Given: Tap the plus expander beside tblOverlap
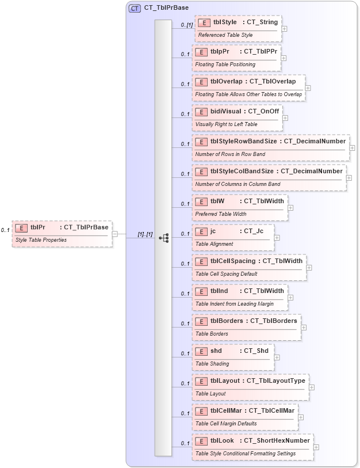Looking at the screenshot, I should [x=308, y=88].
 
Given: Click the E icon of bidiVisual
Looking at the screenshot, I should [x=201, y=112].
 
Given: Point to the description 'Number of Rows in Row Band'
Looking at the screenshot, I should [x=230, y=154].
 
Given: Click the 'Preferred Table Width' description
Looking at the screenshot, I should [x=221, y=214].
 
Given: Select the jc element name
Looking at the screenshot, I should [x=213, y=231].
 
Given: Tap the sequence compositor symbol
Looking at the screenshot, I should [x=164, y=238].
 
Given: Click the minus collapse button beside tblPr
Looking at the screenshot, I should [x=115, y=234].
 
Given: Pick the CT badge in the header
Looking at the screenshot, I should [x=135, y=9].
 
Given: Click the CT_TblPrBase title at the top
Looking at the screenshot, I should [x=166, y=9].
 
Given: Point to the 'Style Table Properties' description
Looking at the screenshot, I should [x=41, y=239].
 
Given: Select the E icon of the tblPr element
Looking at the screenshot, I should [x=21, y=228].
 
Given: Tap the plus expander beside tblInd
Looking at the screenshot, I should [x=291, y=298].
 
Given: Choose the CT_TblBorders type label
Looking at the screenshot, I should [x=273, y=321].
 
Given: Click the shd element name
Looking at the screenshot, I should [x=216, y=351].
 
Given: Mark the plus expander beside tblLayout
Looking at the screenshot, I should [x=311, y=387].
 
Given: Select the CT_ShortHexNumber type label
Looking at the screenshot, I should [x=277, y=441].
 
